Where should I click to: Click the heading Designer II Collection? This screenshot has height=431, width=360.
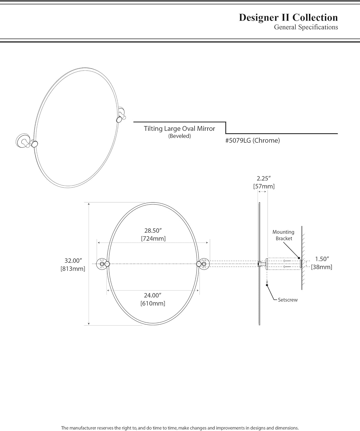pyautogui.click(x=288, y=18)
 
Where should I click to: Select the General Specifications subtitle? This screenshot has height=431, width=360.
pyautogui.click(x=306, y=27)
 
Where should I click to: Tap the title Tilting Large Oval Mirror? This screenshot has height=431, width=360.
pyautogui.click(x=179, y=128)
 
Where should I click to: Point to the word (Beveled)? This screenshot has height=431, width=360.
pyautogui.click(x=179, y=136)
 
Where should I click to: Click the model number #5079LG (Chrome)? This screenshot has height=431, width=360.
pyautogui.click(x=252, y=141)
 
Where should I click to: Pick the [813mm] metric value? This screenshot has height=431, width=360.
pyautogui.click(x=73, y=269)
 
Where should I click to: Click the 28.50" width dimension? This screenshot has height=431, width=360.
pyautogui.click(x=153, y=230)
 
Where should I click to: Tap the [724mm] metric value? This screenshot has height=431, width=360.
pyautogui.click(x=153, y=238)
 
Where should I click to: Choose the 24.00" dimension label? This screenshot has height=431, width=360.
pyautogui.click(x=153, y=295)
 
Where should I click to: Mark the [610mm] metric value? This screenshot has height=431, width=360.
pyautogui.click(x=153, y=303)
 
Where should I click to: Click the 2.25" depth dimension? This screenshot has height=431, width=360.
pyautogui.click(x=264, y=178)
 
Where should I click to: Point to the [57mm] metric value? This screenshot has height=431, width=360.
pyautogui.click(x=264, y=186)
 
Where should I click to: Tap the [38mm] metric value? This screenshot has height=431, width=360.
pyautogui.click(x=321, y=267)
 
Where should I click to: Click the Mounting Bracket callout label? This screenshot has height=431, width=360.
pyautogui.click(x=284, y=235)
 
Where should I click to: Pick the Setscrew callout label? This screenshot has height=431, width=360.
pyautogui.click(x=288, y=300)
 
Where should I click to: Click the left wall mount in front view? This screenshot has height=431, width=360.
pyautogui.click(x=102, y=264)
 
